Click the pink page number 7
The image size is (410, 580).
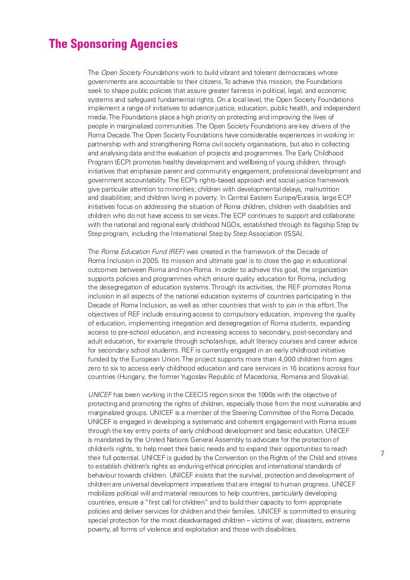point(382,454)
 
